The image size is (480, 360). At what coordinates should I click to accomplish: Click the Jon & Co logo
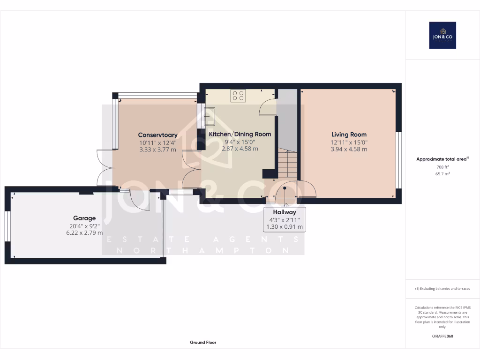point(442,35)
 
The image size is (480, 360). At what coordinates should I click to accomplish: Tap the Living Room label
point(349,135)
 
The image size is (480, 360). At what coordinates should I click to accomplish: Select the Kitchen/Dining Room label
point(240,134)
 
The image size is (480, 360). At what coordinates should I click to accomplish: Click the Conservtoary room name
point(157,135)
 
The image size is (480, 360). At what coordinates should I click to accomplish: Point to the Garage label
point(84,218)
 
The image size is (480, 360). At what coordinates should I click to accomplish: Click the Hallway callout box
point(285,219)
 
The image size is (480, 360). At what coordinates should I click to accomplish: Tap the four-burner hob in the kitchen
point(238,96)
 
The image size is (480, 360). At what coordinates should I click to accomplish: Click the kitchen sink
point(209,116)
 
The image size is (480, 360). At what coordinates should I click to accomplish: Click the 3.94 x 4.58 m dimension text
point(349,150)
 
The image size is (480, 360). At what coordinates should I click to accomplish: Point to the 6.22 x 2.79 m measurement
point(84,233)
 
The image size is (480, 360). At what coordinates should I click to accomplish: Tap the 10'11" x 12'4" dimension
point(157,142)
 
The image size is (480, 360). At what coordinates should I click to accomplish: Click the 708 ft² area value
point(442,167)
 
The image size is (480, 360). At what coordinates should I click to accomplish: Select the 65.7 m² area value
point(442,174)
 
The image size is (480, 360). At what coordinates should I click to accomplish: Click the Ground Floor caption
point(203,343)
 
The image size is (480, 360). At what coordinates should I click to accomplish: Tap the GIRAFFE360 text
point(442,336)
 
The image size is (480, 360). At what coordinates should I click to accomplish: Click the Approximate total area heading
point(441,159)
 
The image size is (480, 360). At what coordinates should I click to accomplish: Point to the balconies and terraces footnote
point(442,289)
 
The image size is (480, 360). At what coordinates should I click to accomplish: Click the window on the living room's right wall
point(399,160)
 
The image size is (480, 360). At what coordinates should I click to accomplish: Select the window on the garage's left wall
point(7,227)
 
